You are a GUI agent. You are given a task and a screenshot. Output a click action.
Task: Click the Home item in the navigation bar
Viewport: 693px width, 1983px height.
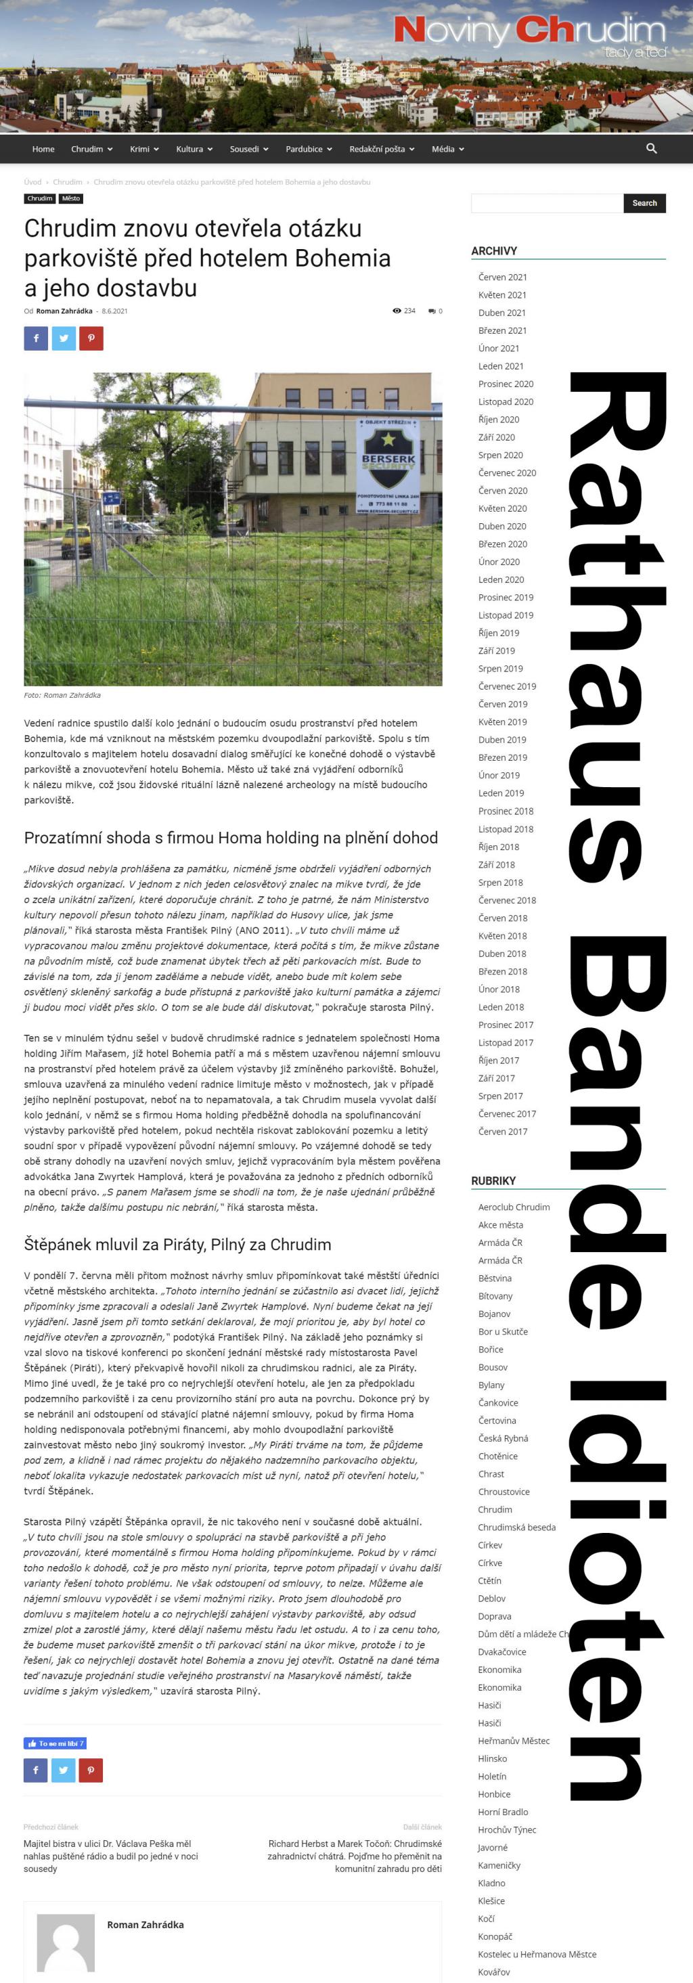43,150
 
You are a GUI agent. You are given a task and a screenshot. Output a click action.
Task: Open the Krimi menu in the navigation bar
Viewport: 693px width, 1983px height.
144,150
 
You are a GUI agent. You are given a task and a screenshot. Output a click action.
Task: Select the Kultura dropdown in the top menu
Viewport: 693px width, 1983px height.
194,150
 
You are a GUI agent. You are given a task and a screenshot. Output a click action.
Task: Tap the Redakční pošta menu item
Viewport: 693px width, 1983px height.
381,150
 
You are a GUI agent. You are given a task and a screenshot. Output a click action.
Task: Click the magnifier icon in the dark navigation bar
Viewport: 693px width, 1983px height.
652,149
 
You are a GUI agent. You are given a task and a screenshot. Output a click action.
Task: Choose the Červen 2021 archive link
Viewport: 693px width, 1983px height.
502,277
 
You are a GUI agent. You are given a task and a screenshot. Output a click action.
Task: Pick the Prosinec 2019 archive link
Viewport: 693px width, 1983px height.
505,598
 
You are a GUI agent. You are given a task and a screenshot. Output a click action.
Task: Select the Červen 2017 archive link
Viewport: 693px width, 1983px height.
502,1132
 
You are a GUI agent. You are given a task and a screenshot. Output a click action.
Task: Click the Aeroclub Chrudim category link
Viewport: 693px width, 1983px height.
514,1207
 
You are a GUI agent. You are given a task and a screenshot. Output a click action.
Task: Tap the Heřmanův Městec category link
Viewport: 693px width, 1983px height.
514,1741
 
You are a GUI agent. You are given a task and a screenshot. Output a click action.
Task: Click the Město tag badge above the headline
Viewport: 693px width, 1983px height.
71,198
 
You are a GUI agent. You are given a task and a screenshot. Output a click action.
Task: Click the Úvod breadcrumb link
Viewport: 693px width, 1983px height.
32,183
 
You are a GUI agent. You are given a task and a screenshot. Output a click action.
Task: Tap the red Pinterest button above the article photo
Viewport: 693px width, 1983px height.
91,338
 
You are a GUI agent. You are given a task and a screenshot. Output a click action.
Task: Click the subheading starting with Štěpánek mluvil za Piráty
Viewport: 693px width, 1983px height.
177,1245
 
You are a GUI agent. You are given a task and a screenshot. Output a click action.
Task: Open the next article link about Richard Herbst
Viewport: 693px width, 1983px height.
354,1856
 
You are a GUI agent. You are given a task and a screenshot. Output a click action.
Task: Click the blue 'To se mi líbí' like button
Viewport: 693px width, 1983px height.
55,1743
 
